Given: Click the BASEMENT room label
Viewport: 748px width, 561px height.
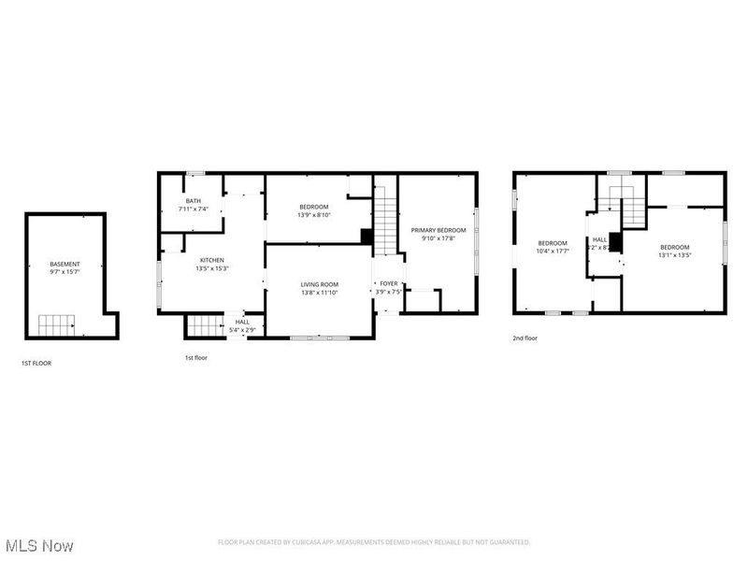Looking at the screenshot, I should (x=65, y=264).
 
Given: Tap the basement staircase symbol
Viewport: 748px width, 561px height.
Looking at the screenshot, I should (x=58, y=324).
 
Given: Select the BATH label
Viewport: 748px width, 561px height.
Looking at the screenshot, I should (x=193, y=200).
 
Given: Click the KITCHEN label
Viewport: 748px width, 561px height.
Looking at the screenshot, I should (x=211, y=260).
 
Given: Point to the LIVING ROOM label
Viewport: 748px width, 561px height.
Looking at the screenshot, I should (x=319, y=284).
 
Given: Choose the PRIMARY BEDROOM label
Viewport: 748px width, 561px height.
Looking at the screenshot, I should (x=438, y=229).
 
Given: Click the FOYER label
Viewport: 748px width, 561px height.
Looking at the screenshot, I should (x=388, y=283).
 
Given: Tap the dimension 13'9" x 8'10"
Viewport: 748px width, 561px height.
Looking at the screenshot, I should (x=313, y=215).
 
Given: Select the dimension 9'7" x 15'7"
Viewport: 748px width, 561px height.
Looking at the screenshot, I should (x=65, y=272).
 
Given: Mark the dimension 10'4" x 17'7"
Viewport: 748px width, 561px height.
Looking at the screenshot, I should (x=553, y=251).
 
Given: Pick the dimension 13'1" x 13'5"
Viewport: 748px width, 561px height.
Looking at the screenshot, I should (x=674, y=255).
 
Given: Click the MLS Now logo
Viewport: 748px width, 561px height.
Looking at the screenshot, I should (x=38, y=544).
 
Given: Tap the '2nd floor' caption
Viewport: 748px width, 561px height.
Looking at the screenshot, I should (x=525, y=338).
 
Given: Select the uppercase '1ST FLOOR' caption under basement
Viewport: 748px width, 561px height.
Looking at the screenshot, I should (x=36, y=363).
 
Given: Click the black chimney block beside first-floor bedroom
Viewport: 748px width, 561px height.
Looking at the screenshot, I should (x=367, y=237).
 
